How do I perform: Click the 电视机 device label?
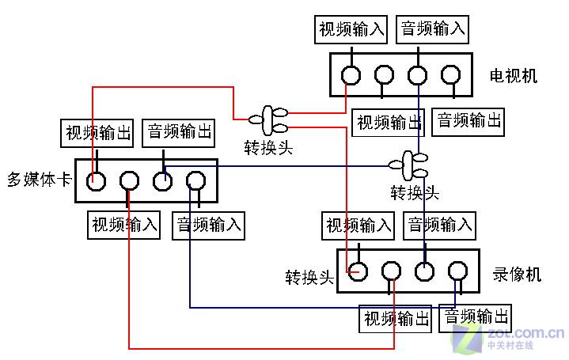(x=513, y=76)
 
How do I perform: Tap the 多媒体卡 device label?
(x=40, y=180)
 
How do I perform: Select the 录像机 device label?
(x=517, y=275)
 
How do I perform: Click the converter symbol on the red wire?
(x=268, y=120)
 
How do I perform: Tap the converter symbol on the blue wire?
(x=408, y=166)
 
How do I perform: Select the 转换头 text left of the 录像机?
(x=309, y=278)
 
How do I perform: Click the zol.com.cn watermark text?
(x=525, y=332)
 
